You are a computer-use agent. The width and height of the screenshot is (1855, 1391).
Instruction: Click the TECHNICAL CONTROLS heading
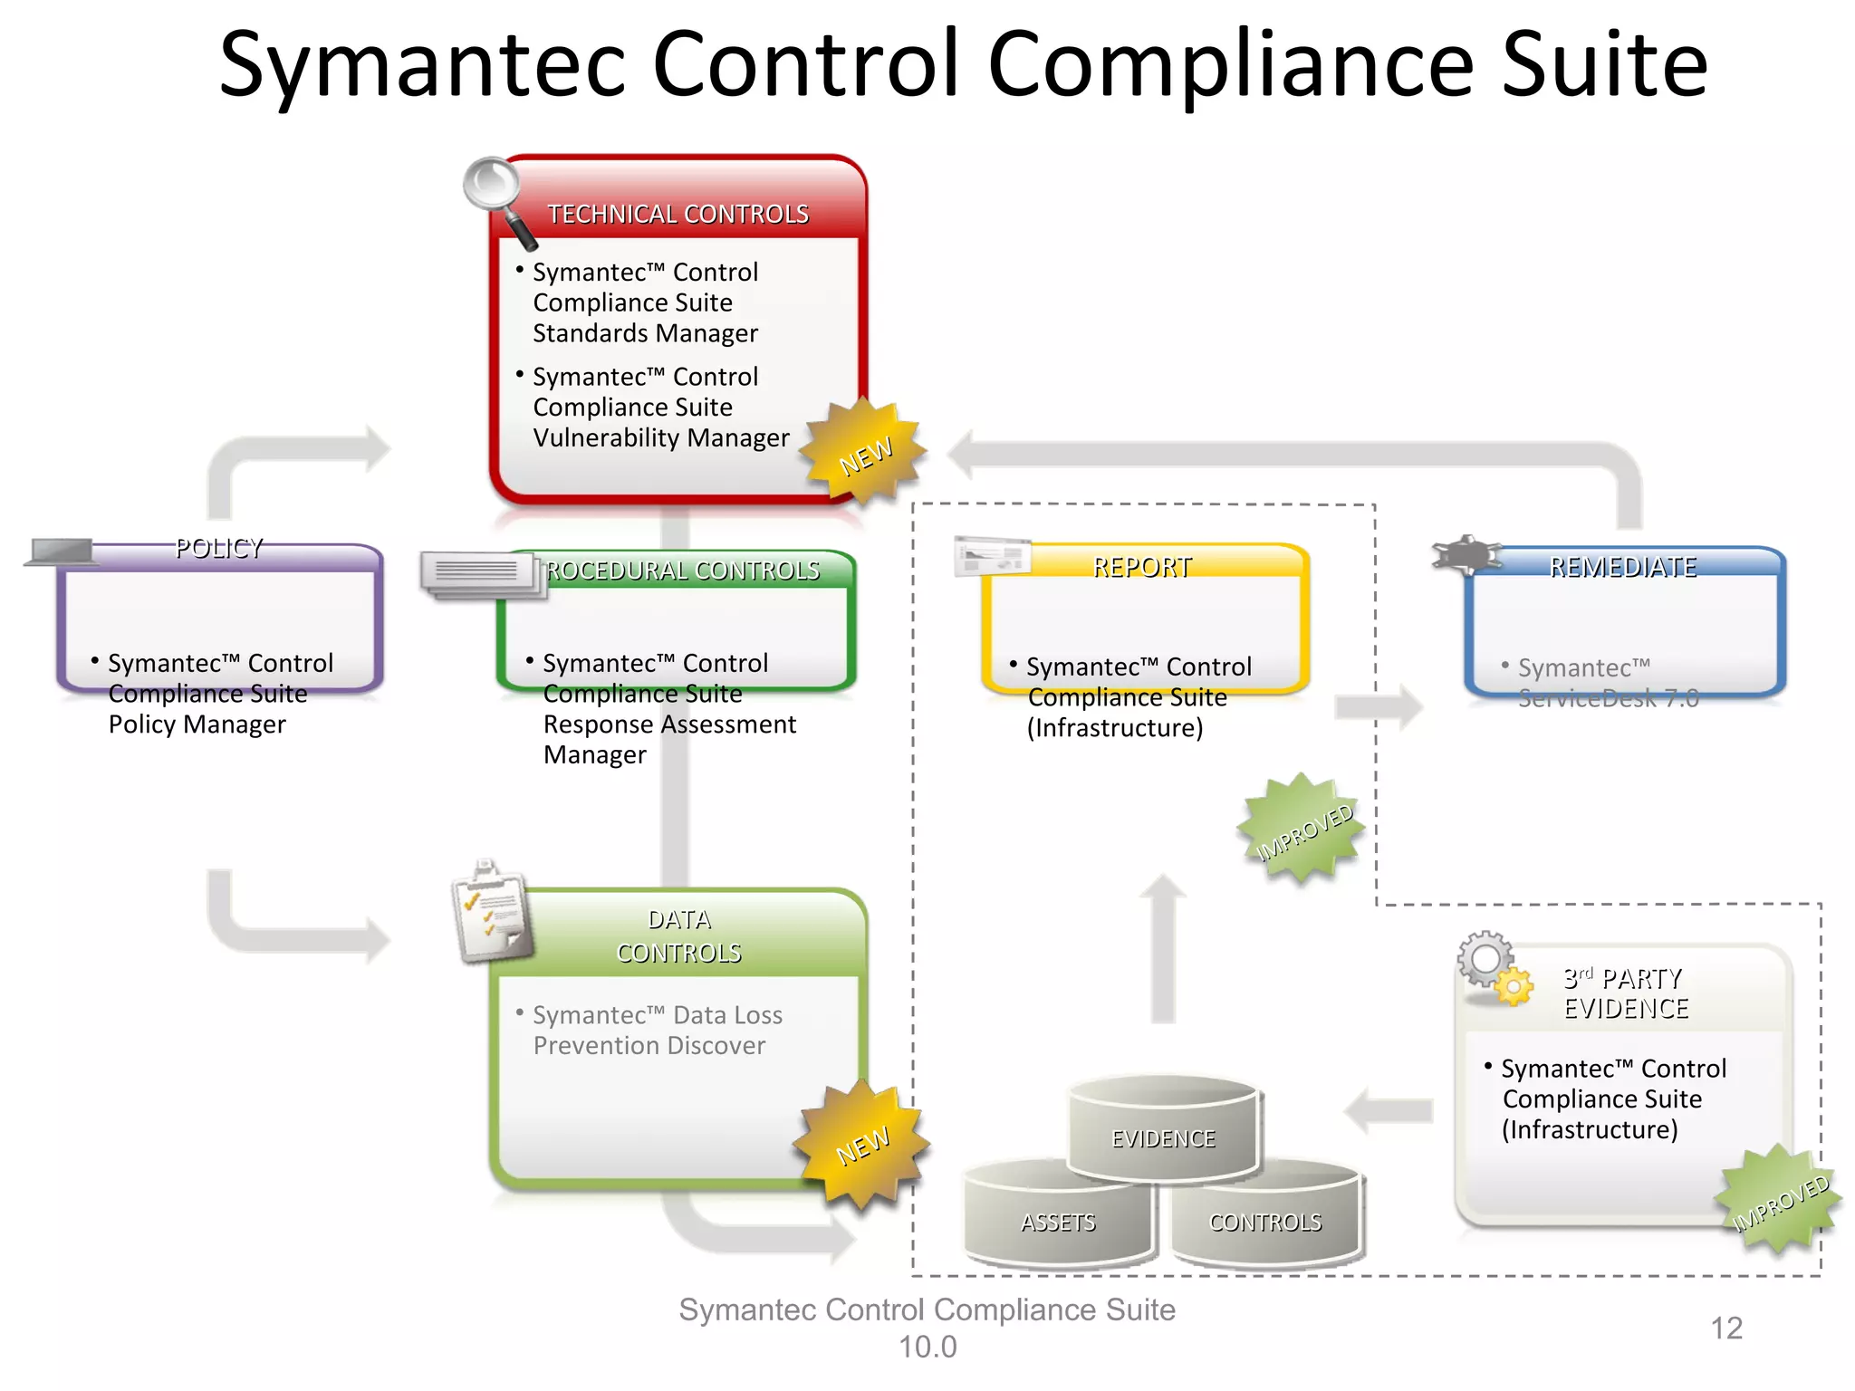click(678, 214)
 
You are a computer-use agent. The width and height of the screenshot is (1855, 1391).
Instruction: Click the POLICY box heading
click(219, 548)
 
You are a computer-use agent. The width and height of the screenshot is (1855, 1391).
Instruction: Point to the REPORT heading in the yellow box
click(1141, 567)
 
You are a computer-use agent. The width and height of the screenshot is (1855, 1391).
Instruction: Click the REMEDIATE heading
click(1622, 567)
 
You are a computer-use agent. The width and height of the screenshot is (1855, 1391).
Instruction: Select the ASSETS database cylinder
click(1058, 1218)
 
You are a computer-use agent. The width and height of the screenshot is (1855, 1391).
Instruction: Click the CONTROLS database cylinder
click(1265, 1218)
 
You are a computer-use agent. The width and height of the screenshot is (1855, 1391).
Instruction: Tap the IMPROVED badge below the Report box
click(1302, 829)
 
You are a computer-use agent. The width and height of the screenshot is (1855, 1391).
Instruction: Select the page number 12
click(1725, 1328)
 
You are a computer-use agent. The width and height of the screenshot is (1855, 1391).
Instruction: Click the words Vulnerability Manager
click(661, 437)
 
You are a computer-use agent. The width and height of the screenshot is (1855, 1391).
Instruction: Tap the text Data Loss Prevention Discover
click(657, 1030)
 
